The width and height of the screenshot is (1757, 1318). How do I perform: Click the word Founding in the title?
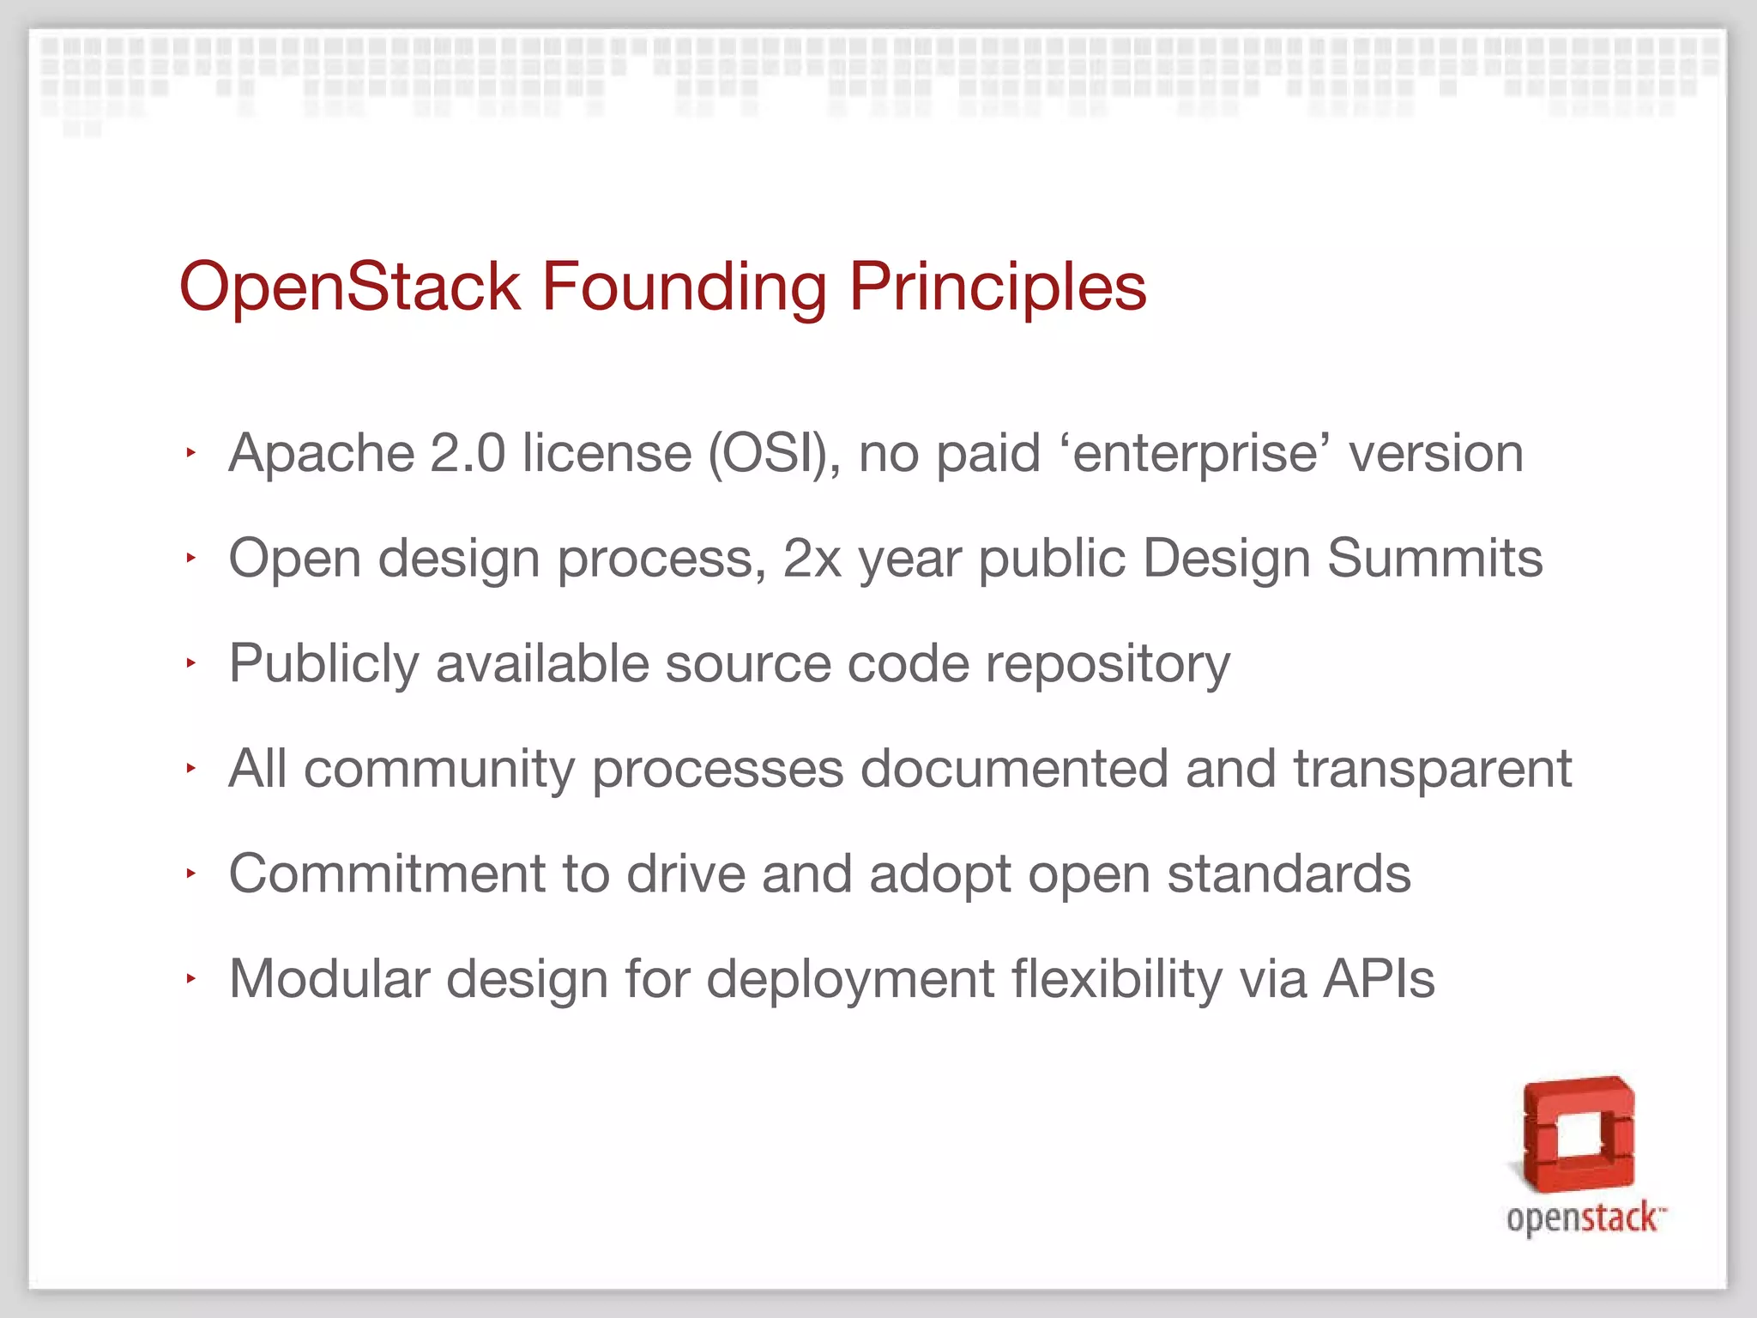pos(684,287)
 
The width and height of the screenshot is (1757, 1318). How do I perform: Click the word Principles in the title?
pos(998,287)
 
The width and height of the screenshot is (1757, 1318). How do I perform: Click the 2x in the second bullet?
pos(812,559)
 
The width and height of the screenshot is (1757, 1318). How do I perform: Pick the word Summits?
pos(1434,559)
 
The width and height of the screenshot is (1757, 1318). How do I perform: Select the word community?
pos(438,769)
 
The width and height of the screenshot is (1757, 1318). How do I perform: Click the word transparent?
pos(1432,769)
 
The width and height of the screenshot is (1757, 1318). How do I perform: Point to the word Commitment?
pos(387,874)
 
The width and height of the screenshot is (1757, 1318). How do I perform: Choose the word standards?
pos(1289,874)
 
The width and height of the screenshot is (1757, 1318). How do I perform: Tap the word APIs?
pos(1379,979)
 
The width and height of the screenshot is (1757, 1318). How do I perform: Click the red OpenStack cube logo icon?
pos(1578,1134)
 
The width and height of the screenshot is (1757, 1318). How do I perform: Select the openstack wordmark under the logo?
pos(1584,1218)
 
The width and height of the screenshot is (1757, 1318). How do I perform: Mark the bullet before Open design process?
pos(190,559)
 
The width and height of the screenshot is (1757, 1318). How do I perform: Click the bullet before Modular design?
pos(190,978)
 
